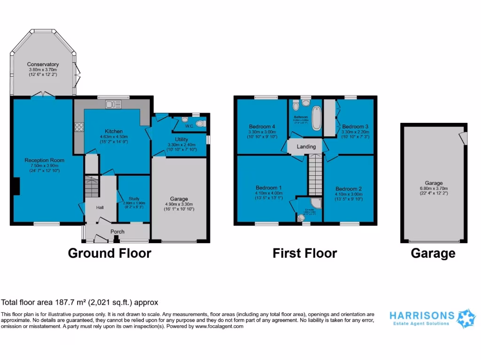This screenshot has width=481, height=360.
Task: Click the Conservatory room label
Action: tap(43, 64)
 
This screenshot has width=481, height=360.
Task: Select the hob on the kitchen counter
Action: tap(79, 126)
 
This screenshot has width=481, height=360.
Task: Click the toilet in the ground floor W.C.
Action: tap(201, 124)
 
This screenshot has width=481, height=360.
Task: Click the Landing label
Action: tap(306, 147)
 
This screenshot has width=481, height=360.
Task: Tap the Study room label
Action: tap(134, 198)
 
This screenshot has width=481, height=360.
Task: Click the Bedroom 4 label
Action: tap(262, 127)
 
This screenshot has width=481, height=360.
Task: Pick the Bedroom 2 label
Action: tap(349, 188)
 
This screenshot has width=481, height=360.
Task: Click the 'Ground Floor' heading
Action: tap(109, 254)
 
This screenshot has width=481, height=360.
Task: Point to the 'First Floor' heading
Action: tap(304, 254)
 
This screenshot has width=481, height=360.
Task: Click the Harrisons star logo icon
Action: tap(466, 318)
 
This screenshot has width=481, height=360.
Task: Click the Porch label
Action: tap(117, 232)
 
